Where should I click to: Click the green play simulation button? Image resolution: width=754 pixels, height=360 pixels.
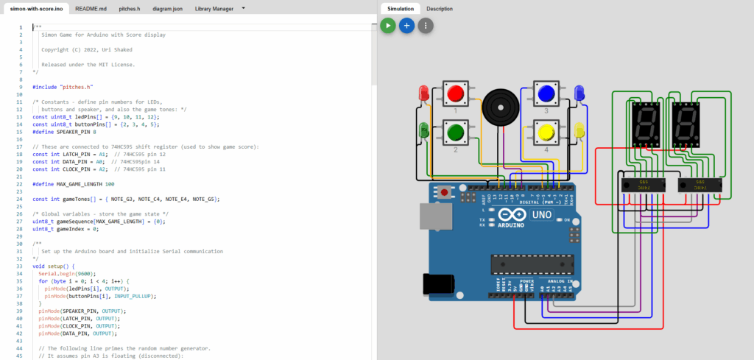pos(388,26)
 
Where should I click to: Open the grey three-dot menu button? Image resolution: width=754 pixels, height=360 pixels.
pos(426,26)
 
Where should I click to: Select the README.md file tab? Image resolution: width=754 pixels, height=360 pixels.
pos(91,9)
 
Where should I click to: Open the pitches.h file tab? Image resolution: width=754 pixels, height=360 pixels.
pos(130,9)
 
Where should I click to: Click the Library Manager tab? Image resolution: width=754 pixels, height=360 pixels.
pos(214,9)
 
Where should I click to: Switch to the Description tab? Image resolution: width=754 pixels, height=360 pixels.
pos(440,9)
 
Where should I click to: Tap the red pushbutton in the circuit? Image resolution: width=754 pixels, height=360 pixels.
pos(456,93)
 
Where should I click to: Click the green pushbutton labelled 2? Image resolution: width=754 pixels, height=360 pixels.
pos(456,133)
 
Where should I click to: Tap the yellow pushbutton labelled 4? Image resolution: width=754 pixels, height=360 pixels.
pos(546,133)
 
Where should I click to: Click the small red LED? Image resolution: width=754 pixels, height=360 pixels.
pos(423,93)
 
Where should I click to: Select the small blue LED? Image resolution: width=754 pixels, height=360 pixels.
pos(579,93)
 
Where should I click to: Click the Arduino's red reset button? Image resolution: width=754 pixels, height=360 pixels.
pos(444,194)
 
